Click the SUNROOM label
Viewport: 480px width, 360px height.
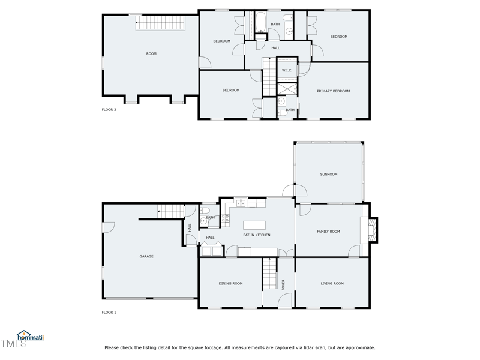click(x=329, y=175)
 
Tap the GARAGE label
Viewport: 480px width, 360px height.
click(x=146, y=256)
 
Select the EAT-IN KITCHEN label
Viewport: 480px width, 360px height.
click(x=256, y=235)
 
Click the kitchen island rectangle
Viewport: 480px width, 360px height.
click(x=254, y=226)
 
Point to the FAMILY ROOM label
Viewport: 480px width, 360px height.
click(x=328, y=232)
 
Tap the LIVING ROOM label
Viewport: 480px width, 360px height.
click(x=332, y=284)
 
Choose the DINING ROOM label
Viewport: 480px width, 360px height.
click(x=230, y=284)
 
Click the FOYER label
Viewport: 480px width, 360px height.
click(x=283, y=284)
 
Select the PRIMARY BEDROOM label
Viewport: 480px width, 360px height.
click(x=333, y=91)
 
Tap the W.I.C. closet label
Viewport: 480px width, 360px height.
click(x=287, y=71)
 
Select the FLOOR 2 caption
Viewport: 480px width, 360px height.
click(x=109, y=110)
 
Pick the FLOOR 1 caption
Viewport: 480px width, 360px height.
click(x=109, y=313)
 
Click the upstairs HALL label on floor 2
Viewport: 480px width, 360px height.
click(x=275, y=48)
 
